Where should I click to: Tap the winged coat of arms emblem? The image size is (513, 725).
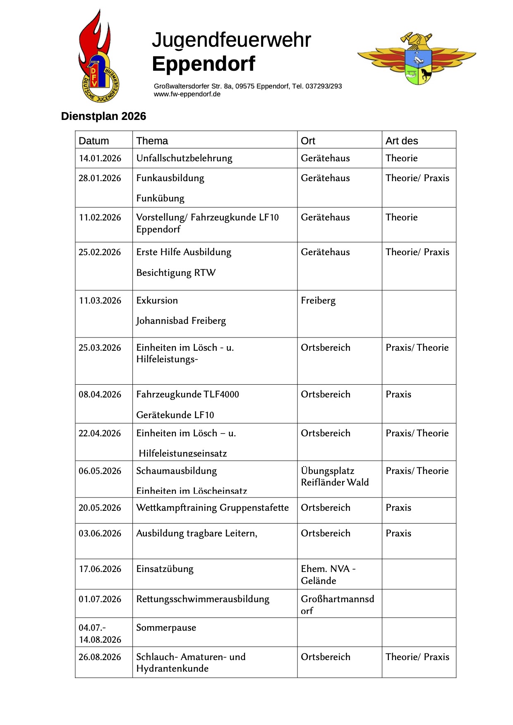417,59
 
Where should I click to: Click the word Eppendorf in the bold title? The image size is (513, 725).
204,64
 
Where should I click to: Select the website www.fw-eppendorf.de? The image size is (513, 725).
187,94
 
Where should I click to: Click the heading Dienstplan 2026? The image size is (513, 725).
103,116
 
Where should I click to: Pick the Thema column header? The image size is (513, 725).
152,141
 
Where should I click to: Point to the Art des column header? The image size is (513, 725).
402,141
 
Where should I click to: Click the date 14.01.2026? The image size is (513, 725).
100,158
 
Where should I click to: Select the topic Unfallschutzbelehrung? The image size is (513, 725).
184,158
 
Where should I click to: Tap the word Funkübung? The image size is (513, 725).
160,199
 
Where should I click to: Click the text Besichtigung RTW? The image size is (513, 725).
176,273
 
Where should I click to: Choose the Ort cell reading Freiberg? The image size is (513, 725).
318,301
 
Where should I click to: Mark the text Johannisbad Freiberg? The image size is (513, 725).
181,321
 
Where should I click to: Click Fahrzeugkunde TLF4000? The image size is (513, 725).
187,395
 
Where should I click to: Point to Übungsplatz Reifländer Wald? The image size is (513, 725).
335,477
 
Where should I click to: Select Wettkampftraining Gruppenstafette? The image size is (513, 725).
212,508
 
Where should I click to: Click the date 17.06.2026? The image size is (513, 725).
100,569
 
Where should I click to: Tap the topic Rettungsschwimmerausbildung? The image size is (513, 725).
203,599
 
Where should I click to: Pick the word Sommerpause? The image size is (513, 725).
166,628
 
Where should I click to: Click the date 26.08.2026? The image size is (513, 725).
100,657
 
